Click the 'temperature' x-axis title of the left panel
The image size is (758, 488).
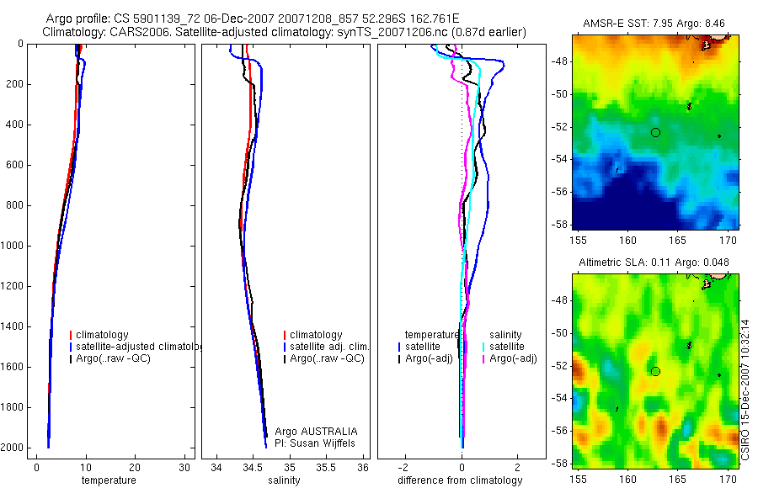click(108, 480)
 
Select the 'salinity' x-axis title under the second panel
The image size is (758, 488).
click(283, 480)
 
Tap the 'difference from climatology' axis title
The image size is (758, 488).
click(460, 480)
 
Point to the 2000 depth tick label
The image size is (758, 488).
click(13, 448)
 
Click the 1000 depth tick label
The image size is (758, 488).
click(13, 246)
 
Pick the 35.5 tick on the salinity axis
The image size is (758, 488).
click(326, 467)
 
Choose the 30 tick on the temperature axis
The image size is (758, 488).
click(184, 467)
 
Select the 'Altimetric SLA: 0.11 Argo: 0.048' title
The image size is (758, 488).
click(655, 263)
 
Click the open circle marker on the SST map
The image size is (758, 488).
click(655, 132)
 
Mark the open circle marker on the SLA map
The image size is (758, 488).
click(655, 371)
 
